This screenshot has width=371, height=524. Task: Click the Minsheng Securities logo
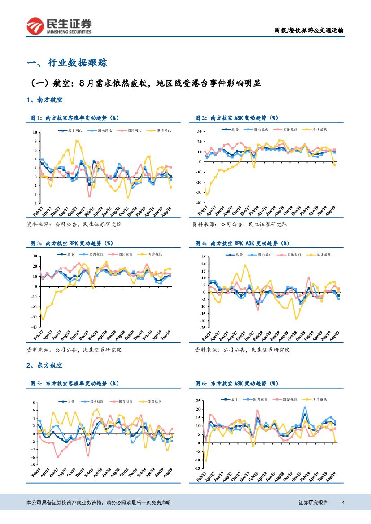pos(59,26)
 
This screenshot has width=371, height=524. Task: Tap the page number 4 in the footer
pos(343,502)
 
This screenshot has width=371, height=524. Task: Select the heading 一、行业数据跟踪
pos(67,63)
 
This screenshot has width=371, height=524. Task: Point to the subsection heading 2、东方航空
pos(44,366)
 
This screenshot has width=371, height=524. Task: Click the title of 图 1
pos(74,117)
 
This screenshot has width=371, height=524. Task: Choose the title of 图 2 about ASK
pos(236,117)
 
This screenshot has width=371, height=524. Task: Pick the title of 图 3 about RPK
pos(72,243)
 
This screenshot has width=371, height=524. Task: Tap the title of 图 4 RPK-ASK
pos(242,243)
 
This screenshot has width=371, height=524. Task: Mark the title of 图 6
pos(236,383)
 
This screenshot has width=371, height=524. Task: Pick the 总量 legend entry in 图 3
pos(67,254)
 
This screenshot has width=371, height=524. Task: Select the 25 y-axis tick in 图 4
pos(203,257)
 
